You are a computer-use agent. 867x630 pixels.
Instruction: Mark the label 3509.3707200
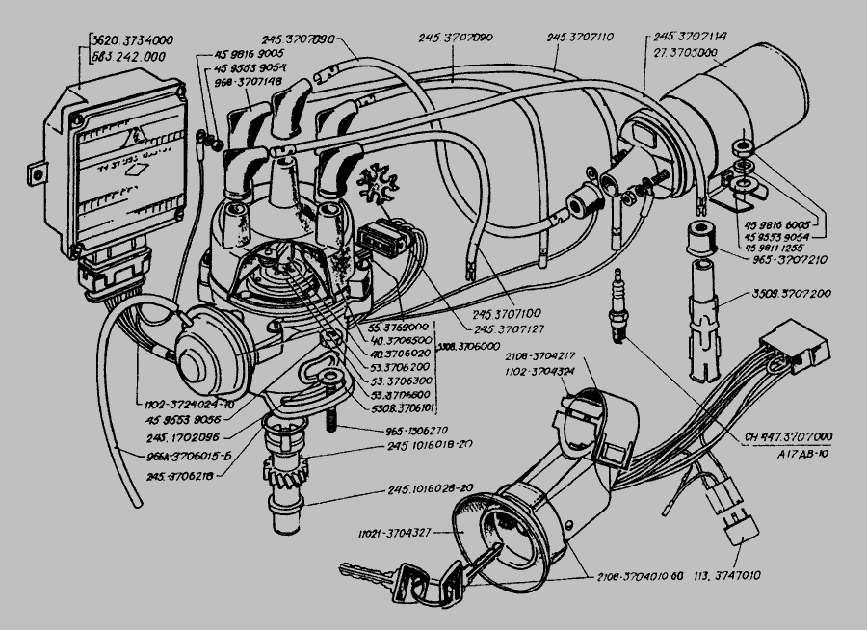[802, 292]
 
